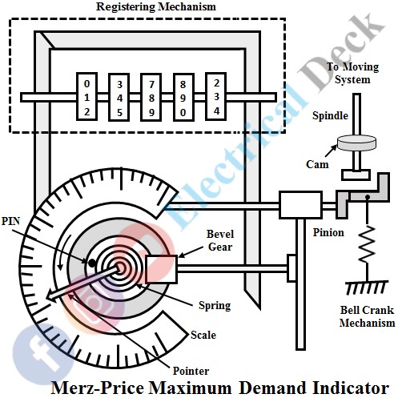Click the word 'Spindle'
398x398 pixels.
(330, 116)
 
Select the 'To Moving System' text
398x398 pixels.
(350, 74)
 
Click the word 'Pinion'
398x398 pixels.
(328, 232)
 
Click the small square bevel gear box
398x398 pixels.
(161, 267)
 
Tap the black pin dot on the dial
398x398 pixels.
(94, 261)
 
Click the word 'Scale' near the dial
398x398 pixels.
(203, 336)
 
